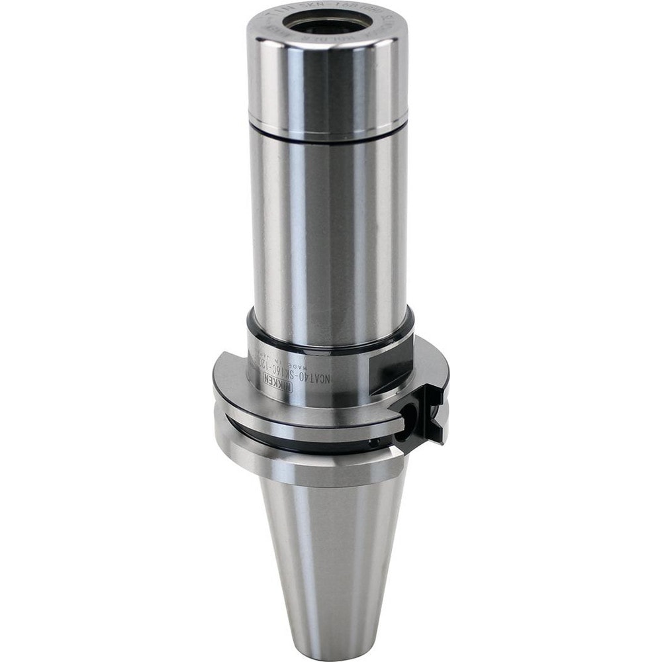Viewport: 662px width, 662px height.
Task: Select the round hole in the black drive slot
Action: point(409,417)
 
